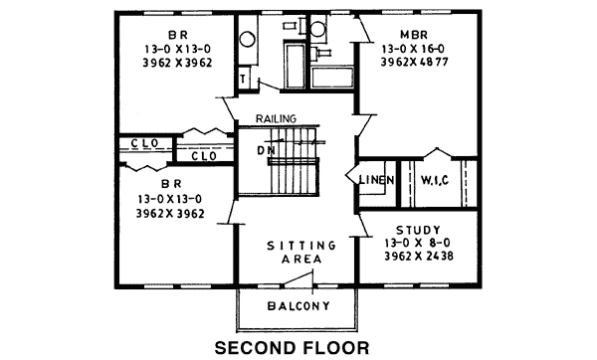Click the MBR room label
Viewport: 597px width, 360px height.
(x=414, y=35)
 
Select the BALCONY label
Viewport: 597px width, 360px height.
(x=298, y=306)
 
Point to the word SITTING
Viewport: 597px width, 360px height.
(x=301, y=246)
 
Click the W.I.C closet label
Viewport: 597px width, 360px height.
(x=435, y=180)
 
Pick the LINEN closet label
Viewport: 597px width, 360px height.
(x=376, y=180)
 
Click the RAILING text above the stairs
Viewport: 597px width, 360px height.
(x=276, y=118)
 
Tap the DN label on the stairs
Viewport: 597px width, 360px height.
(x=266, y=151)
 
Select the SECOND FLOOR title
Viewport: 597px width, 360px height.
(x=292, y=348)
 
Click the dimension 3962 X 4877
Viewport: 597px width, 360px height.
(x=414, y=62)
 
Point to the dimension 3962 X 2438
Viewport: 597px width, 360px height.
(x=419, y=257)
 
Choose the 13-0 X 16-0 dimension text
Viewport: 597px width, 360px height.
(x=414, y=49)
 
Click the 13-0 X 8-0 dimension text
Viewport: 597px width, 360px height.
(x=418, y=243)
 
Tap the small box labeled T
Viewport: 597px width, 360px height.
(x=243, y=80)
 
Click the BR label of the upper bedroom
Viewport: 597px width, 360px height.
(x=178, y=36)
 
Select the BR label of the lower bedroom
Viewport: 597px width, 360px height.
(x=171, y=184)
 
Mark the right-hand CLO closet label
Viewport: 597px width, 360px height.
(x=204, y=156)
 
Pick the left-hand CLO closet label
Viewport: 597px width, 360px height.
(x=145, y=143)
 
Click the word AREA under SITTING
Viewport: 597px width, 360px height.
(x=301, y=260)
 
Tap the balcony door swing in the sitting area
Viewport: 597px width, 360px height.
(x=298, y=277)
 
